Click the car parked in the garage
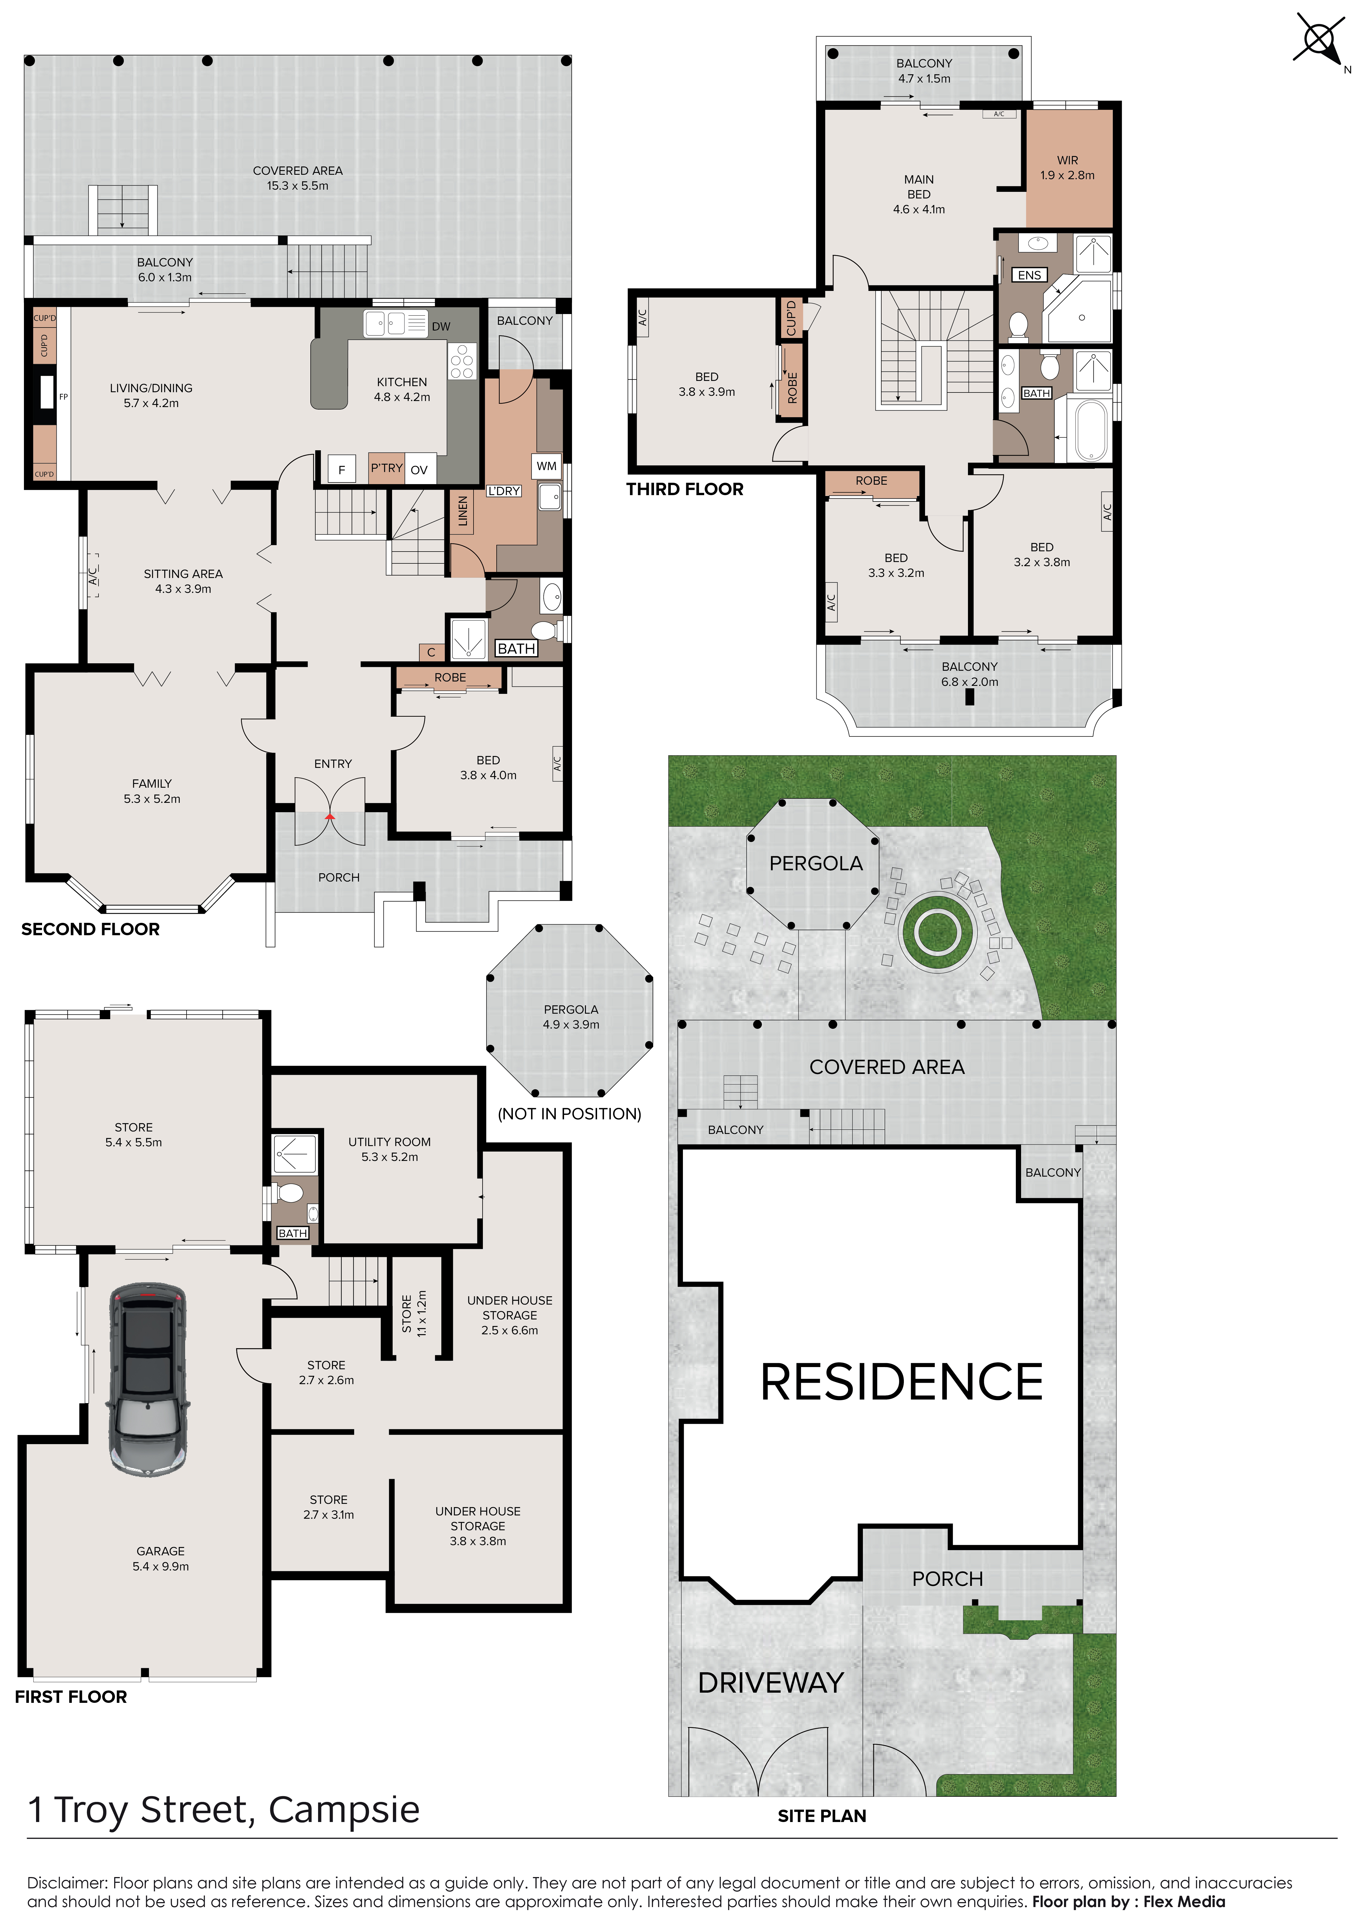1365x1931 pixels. pos(147,1379)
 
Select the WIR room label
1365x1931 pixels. pos(1067,160)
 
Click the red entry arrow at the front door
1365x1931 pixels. pos(330,816)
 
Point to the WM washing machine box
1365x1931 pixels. pos(547,466)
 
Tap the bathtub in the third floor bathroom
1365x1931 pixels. pos(1091,430)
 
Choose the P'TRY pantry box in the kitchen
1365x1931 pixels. pos(387,468)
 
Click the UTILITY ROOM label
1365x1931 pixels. pos(389,1141)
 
